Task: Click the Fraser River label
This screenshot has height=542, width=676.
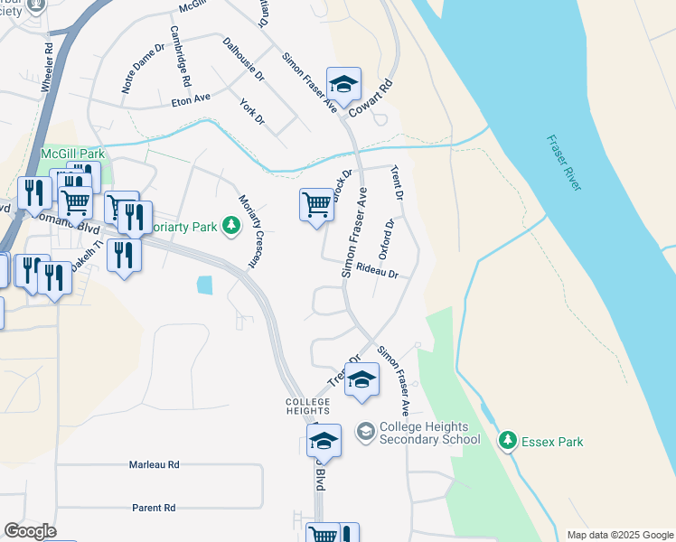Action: point(563,164)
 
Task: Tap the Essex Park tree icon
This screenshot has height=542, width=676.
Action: point(508,441)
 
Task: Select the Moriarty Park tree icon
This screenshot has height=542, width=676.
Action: point(230,224)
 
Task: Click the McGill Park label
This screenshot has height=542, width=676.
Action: point(73,154)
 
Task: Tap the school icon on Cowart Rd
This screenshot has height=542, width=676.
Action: point(343,84)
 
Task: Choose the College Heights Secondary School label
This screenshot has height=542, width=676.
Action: point(429,434)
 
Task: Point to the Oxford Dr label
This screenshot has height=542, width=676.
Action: point(387,238)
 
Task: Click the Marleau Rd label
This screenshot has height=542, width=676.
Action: point(155,464)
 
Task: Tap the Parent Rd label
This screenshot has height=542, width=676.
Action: point(153,508)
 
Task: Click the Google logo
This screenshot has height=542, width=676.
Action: point(30,531)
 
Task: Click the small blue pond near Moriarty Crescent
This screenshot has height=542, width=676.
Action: point(205,285)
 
